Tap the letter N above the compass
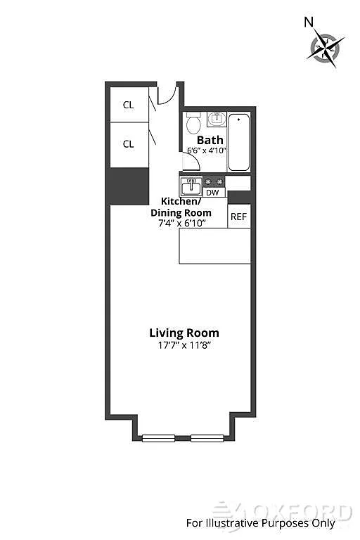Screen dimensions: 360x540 (309, 22)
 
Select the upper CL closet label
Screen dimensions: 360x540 (128, 105)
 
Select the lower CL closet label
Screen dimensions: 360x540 (128, 144)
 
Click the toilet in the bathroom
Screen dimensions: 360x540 (193, 123)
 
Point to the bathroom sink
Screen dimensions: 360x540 (217, 119)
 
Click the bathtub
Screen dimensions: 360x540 (238, 142)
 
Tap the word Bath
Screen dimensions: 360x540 (210, 140)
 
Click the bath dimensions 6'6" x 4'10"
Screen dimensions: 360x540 (206, 150)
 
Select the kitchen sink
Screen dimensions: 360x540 (191, 187)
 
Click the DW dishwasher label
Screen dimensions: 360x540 (212, 193)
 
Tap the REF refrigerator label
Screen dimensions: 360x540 (239, 217)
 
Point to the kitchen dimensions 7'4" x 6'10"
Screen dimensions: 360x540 (182, 223)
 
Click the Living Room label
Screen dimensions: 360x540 (184, 333)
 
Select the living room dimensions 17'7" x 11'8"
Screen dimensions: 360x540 (184, 345)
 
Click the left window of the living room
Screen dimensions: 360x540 (158, 439)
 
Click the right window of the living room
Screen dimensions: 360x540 (207, 439)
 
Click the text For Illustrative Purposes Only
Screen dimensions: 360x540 (260, 523)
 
